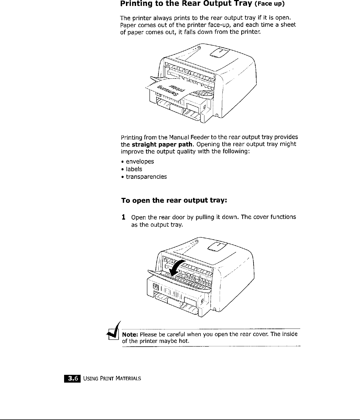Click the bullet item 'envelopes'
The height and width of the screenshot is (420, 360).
[140, 162]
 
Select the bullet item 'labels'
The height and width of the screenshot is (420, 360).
[134, 169]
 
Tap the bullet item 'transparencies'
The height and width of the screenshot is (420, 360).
[146, 177]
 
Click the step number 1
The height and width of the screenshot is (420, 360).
[123, 217]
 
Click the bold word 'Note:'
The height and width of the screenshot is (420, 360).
[130, 334]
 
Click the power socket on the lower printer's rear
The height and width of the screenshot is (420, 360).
[155, 287]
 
